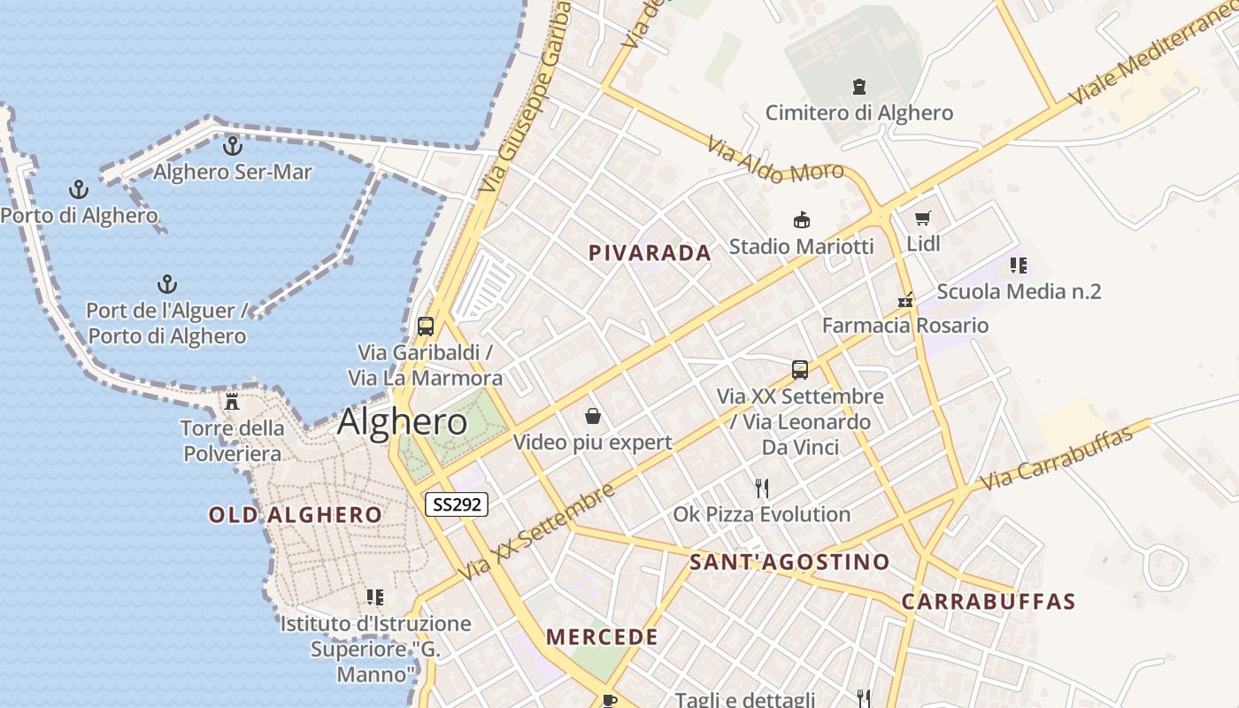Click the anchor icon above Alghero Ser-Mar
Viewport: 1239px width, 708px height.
coord(233,145)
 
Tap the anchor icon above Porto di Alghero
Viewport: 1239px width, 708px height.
coord(79,189)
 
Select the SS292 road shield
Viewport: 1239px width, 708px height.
coord(457,504)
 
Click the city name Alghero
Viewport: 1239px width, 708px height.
coord(402,422)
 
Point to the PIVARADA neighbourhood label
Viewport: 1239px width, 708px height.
coord(650,253)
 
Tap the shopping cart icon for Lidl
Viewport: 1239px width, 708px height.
coord(923,218)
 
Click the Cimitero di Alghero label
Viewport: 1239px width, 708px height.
coord(858,113)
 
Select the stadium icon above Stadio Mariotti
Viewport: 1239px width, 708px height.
coord(802,219)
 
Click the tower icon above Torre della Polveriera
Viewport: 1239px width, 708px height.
coord(233,402)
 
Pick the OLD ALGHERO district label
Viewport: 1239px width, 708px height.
coord(296,514)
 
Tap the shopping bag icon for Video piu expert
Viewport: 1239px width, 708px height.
coord(592,416)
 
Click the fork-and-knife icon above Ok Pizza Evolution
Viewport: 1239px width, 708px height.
coord(761,488)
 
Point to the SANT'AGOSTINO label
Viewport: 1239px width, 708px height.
coord(789,562)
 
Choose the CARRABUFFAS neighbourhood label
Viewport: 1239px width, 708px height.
coord(989,602)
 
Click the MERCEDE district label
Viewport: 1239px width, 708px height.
coord(602,637)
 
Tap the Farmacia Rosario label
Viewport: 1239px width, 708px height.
coord(905,326)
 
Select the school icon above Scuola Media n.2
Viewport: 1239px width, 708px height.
coord(1019,265)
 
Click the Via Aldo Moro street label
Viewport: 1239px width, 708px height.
coord(775,161)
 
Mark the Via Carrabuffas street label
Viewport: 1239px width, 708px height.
coord(1058,458)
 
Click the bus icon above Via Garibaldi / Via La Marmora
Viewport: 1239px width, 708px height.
coord(426,326)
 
